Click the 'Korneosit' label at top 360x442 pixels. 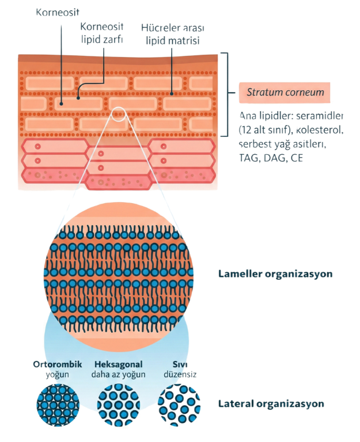58,11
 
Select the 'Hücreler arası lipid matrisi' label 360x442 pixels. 173,33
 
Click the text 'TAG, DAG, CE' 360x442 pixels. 270,156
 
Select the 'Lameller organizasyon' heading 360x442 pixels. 275,273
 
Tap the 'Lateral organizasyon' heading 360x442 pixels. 271,403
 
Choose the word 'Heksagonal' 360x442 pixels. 118,364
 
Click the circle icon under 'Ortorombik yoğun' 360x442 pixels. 56,403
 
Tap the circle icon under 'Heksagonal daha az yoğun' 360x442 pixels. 119,403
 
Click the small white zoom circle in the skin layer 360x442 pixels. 119,114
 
